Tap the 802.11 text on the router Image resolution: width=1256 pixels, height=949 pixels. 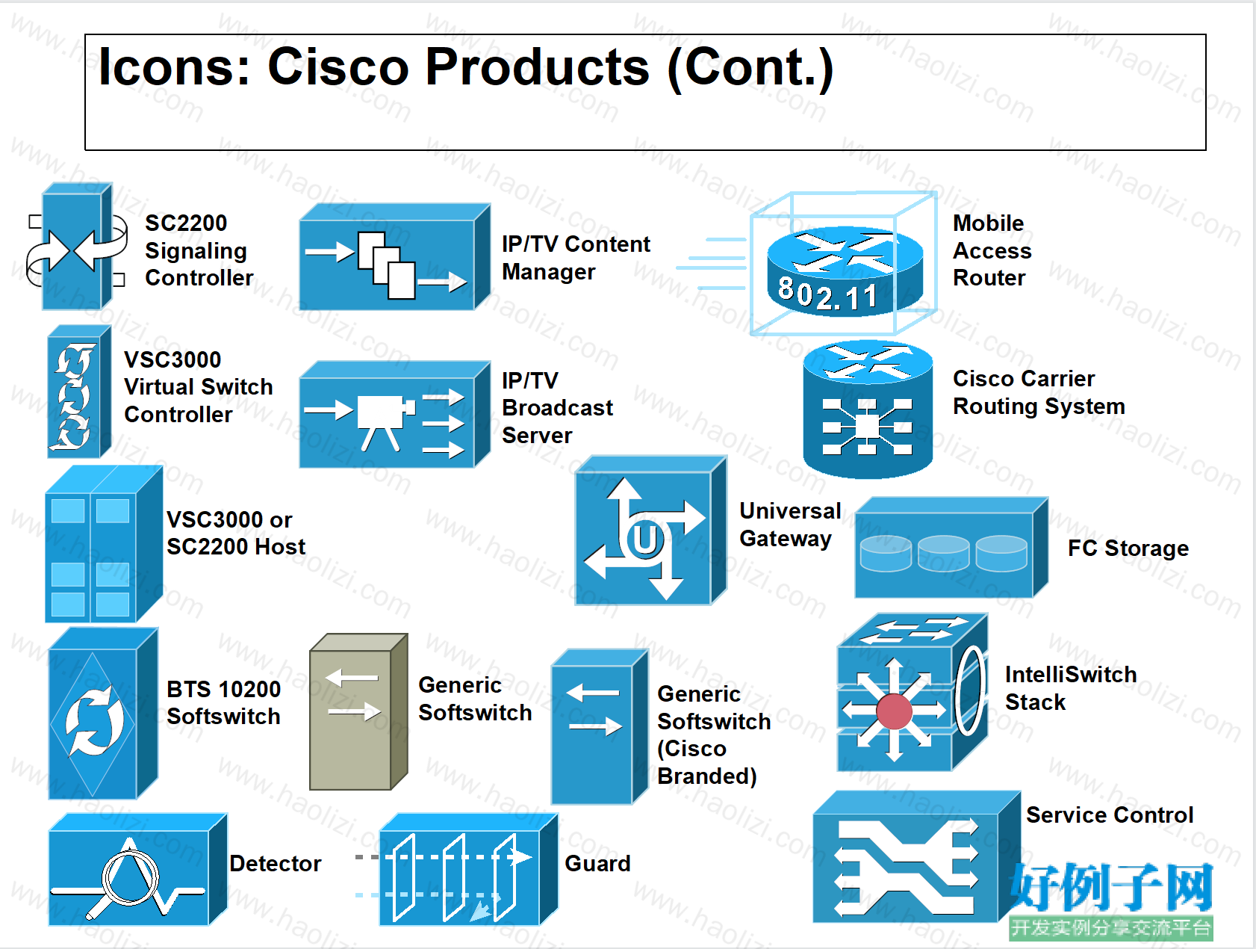827,293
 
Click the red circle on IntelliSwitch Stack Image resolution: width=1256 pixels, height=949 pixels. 895,711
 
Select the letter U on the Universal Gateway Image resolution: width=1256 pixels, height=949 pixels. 644,539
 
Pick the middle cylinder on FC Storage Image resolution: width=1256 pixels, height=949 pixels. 943,554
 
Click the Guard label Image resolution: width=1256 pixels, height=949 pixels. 597,863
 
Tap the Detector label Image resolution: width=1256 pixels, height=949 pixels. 275,863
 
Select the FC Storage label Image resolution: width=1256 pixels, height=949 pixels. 1128,548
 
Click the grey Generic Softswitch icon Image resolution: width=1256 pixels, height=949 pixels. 358,712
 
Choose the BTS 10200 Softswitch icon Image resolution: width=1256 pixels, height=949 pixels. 103,714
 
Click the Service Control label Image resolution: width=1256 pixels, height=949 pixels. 1110,814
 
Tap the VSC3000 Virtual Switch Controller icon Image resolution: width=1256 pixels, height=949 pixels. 78,392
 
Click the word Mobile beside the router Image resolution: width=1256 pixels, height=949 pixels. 988,223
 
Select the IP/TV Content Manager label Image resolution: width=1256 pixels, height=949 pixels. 576,258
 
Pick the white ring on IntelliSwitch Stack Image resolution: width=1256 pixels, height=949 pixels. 970,691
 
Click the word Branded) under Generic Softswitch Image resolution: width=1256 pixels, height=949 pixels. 707,776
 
